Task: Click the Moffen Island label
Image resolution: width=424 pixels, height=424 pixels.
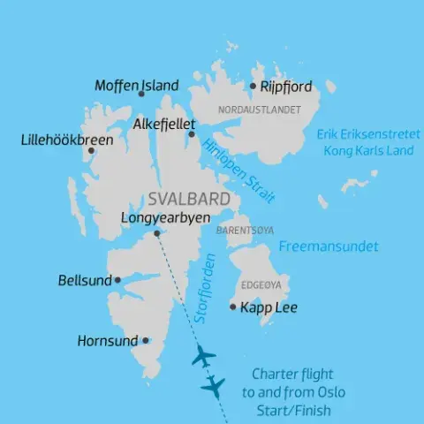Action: pos(136,86)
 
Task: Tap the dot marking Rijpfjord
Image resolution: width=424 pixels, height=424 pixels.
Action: pos(253,87)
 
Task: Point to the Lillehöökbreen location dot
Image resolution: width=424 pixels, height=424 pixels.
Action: pos(90,151)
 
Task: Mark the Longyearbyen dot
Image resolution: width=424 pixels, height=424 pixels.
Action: pos(156,233)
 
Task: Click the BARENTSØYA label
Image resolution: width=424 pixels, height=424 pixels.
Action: pos(239,230)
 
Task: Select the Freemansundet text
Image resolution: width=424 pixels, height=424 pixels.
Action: pos(327,246)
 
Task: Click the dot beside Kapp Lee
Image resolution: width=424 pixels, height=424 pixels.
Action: pos(232,307)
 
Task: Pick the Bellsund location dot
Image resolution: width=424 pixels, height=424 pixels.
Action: pos(117,280)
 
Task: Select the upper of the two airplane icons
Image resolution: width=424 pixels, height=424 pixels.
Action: pos(203,358)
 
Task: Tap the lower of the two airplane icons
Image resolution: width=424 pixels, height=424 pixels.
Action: pos(213,385)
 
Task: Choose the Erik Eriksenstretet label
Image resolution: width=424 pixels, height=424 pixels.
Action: pos(364,134)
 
